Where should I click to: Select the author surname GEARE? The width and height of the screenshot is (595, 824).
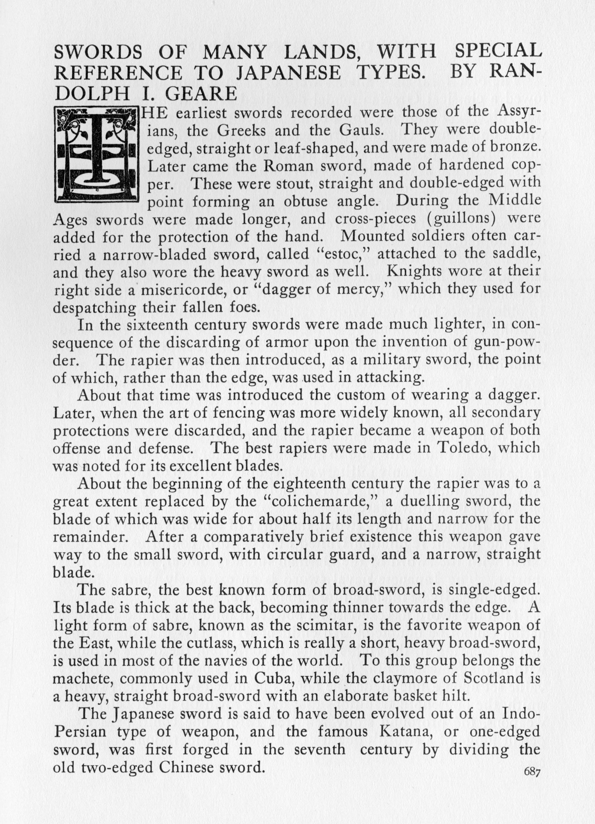[x=201, y=94]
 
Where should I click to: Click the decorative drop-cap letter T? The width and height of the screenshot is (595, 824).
[x=97, y=154]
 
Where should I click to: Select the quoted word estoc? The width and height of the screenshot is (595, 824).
[x=345, y=254]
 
